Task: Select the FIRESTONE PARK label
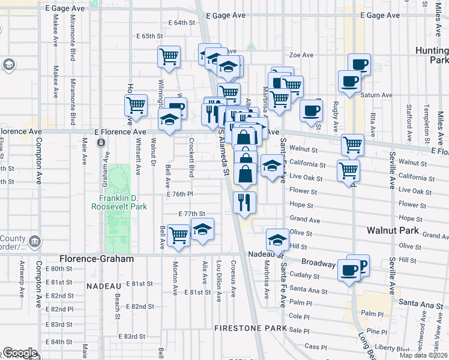click(x=243, y=329)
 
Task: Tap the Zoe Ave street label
click(x=303, y=55)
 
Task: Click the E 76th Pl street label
click(x=179, y=194)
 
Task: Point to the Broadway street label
click(x=318, y=263)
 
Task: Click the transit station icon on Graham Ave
click(x=101, y=143)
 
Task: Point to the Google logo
click(x=20, y=353)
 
